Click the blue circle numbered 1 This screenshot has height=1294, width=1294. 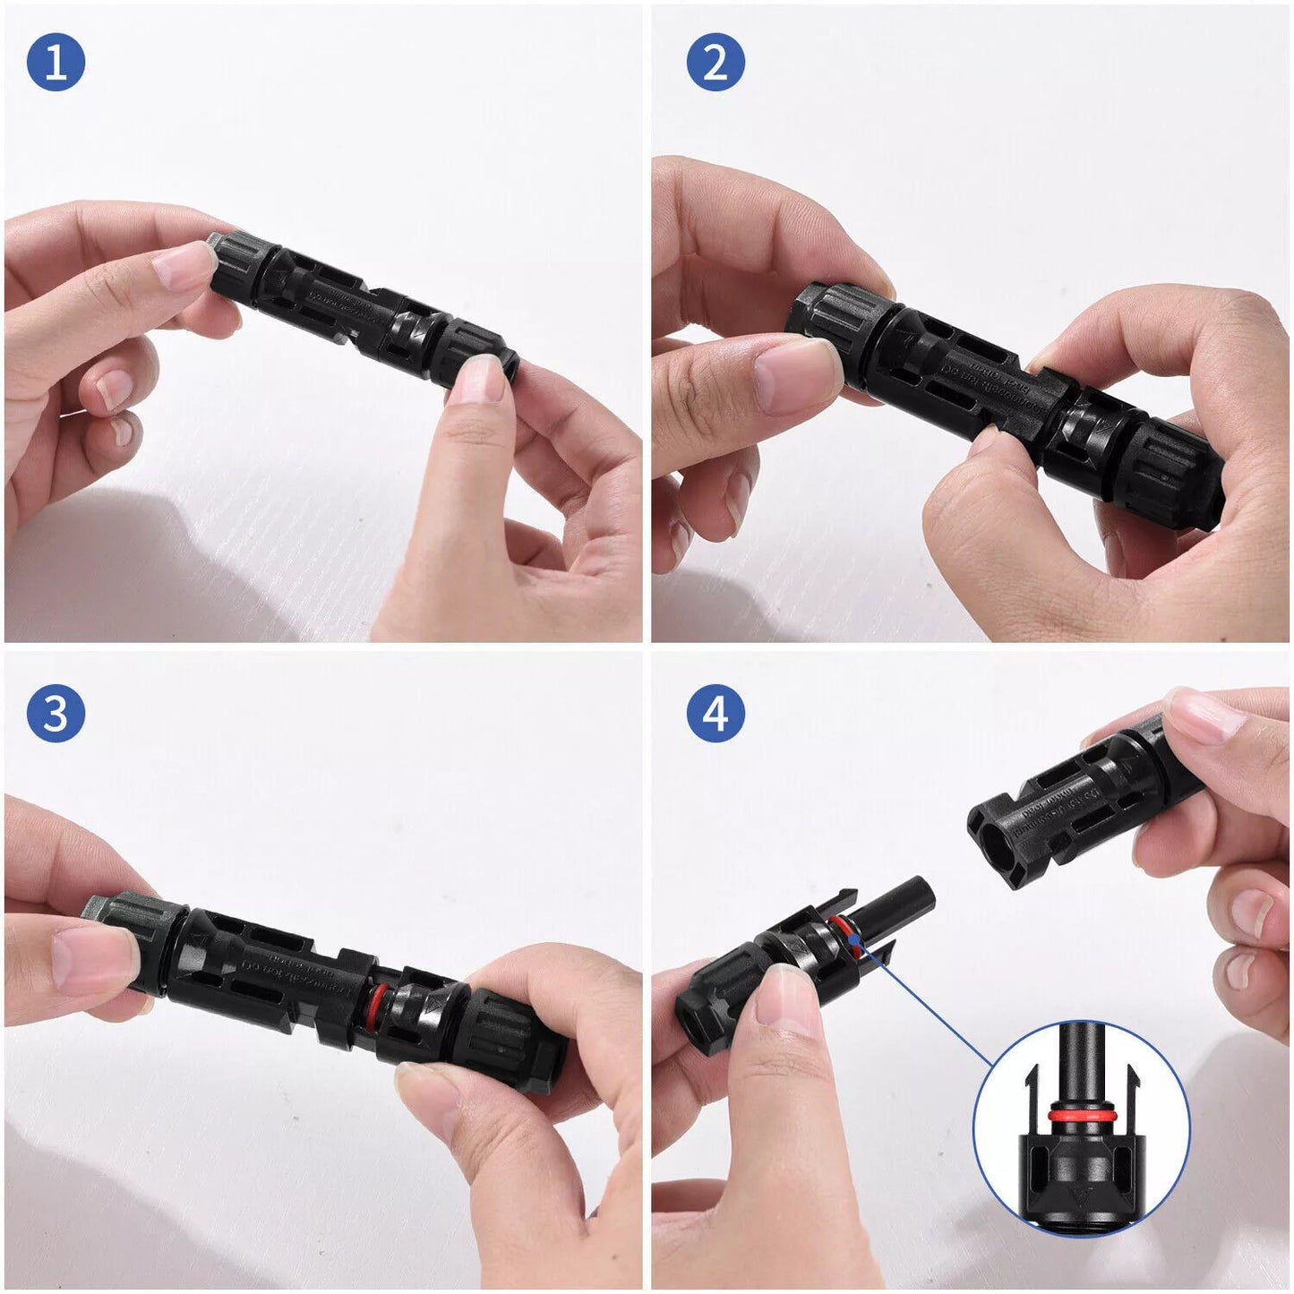coord(56,62)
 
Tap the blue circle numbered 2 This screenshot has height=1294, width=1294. coord(716,62)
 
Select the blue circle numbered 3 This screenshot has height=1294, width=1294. coord(56,714)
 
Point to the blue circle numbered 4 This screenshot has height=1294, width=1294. coord(716,714)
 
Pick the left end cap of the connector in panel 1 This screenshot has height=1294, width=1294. coord(235,264)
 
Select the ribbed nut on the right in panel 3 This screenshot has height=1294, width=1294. coord(510,1039)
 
